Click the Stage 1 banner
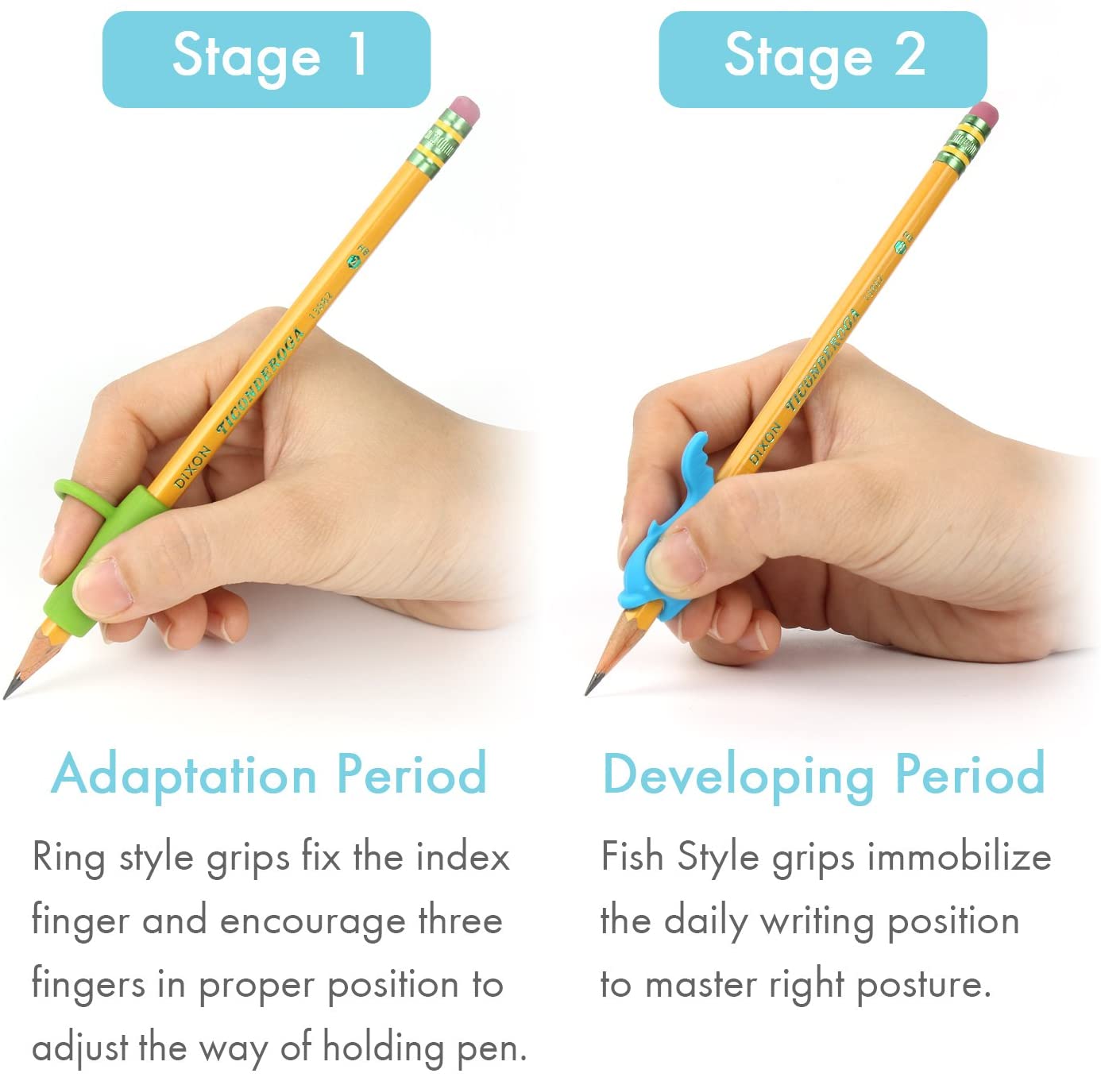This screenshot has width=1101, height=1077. coord(266,59)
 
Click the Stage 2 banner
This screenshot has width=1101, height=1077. coord(823,59)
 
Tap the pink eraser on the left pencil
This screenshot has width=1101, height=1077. coord(465,111)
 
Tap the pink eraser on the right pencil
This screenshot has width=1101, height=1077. coord(985,114)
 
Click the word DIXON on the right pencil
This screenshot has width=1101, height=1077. coord(764,445)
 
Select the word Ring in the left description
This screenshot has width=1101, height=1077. coord(68,858)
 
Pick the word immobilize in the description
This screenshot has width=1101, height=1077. coord(959,858)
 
